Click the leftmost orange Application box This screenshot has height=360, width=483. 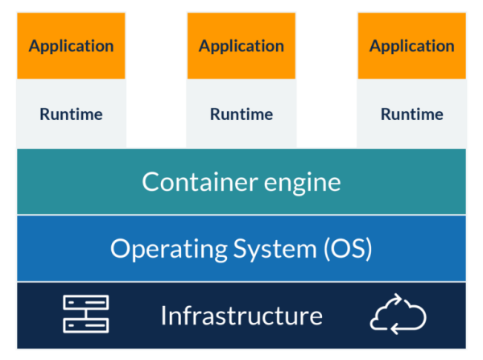71,46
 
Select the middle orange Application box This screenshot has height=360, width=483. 241,46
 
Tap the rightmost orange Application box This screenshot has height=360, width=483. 411,46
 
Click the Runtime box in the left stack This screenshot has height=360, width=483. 71,114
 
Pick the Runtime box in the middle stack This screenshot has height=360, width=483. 241,114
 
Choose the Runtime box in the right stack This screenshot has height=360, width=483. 411,114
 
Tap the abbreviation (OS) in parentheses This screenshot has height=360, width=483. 347,249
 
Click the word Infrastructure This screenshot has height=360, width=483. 242,315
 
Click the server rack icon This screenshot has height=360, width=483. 86,315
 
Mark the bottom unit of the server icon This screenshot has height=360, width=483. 86,325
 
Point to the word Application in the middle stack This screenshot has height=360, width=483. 241,46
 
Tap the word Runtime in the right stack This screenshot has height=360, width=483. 411,114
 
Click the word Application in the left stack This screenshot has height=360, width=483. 71,46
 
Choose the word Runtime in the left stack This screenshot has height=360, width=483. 71,114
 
